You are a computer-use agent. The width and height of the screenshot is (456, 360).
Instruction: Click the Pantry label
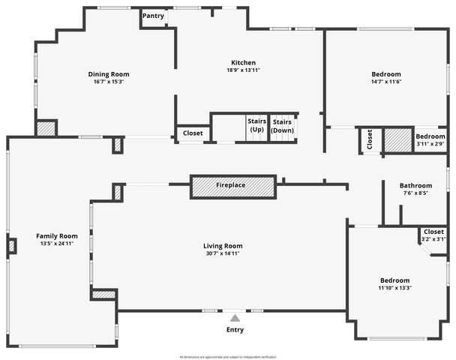pos(153,16)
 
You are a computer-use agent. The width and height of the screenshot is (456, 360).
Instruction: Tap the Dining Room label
pos(109,73)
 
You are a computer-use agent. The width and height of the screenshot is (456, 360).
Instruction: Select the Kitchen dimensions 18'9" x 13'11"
pos(243,70)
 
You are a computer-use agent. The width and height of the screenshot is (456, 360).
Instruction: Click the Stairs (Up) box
pos(256,125)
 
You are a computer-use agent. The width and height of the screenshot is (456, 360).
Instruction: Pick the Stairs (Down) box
pos(282,125)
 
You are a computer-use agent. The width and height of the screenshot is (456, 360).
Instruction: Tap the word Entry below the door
pos(235,330)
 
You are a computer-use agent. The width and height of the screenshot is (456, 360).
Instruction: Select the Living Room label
pos(223,246)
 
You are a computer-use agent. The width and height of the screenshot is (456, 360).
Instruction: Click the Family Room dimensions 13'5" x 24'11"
pos(57,244)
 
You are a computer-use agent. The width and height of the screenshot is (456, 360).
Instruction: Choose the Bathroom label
pos(415,185)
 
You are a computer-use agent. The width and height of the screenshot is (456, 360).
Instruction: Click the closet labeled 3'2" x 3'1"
pos(433,235)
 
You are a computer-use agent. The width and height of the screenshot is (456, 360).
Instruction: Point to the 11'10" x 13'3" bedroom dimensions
pos(394,287)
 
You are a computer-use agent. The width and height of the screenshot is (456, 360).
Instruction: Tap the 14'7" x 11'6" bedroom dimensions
pos(387,82)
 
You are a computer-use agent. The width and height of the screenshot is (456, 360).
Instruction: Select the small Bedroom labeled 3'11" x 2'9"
pos(430,139)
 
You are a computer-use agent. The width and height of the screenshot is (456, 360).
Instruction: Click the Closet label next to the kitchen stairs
pos(193,133)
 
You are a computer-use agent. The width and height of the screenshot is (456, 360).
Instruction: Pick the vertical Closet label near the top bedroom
pos(370,139)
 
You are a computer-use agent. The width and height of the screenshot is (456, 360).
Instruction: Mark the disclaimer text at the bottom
pos(228,356)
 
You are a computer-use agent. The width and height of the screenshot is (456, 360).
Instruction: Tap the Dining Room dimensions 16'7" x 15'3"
pos(109,82)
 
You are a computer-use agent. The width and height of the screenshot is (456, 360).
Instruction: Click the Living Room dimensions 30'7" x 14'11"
pos(223,253)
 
